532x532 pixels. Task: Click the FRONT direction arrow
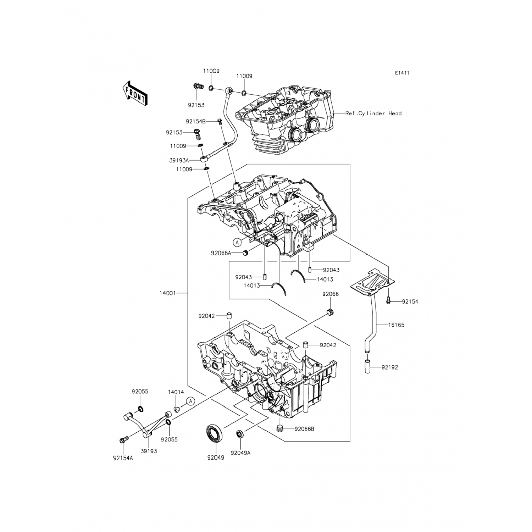pos(134,93)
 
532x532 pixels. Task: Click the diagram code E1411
pos(402,73)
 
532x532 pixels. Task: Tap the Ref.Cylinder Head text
pos(373,113)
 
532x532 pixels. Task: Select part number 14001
pos(167,293)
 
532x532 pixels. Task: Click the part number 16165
pos(396,325)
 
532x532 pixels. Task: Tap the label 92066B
pos(304,429)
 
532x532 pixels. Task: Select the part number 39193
pos(149,451)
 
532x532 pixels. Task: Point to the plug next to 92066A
pos(245,253)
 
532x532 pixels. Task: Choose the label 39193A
pos(179,160)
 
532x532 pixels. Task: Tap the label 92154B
pos(195,121)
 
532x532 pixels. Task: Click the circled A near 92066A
pos(237,242)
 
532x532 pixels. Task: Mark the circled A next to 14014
pos(190,401)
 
